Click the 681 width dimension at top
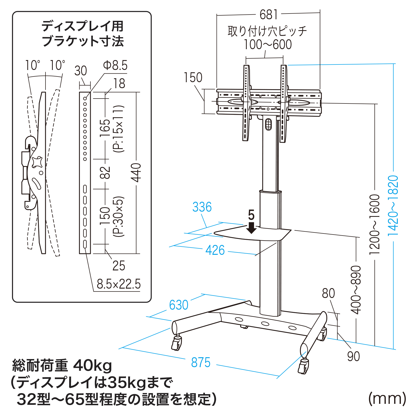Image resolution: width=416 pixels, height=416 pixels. [269, 15]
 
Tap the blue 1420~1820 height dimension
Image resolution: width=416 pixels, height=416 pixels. [393, 205]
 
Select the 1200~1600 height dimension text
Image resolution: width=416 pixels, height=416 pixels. [375, 224]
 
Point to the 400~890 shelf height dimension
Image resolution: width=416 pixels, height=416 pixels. [356, 290]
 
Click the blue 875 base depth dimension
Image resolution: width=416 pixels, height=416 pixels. [200, 362]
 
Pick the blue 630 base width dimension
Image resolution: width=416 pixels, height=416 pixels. [179, 305]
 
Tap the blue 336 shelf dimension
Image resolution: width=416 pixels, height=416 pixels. [202, 207]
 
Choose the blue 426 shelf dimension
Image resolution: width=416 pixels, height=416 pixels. [215, 250]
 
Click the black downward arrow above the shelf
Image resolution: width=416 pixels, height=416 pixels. [251, 228]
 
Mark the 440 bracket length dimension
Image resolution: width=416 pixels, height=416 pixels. [136, 173]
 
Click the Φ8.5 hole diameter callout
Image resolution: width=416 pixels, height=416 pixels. [115, 65]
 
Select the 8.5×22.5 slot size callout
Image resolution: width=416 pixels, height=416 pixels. [119, 284]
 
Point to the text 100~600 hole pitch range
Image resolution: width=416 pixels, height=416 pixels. [268, 44]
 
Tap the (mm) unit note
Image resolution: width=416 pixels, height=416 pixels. [387, 399]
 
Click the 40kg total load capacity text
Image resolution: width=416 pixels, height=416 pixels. [93, 366]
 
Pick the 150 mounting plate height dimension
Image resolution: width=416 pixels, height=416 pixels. [193, 77]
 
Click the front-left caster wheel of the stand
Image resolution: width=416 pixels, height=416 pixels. [177, 343]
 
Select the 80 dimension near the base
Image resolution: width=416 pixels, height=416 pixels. [328, 293]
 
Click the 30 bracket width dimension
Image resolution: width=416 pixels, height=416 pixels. [81, 71]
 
